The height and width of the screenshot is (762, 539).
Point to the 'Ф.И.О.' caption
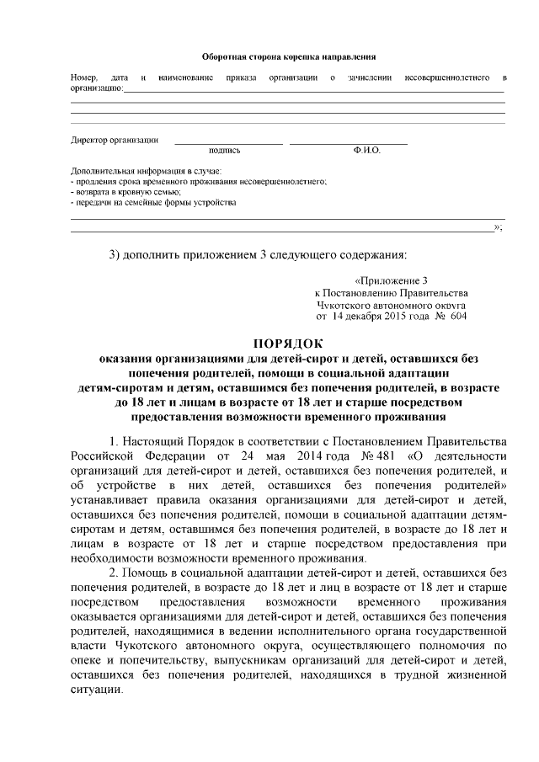tap(368, 151)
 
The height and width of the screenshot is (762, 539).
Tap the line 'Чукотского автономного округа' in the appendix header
tap(392, 305)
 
